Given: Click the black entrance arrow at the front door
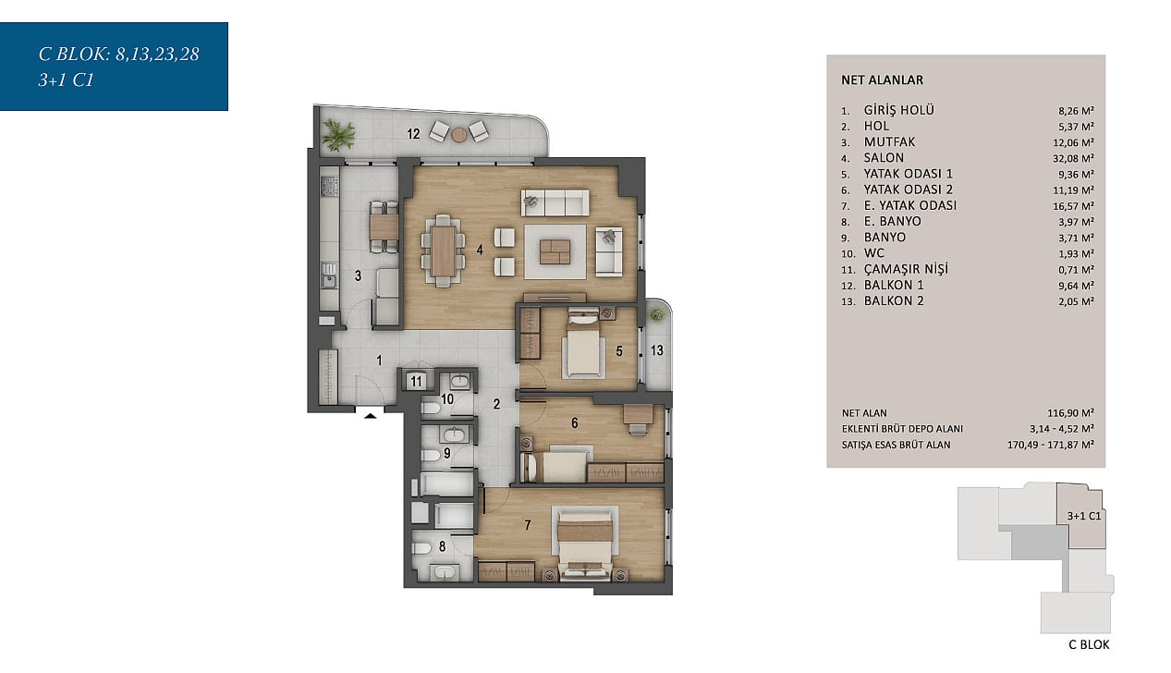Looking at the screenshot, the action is click(x=370, y=416).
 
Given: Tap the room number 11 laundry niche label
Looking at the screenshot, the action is click(x=416, y=381).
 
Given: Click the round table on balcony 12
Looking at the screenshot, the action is click(x=458, y=135).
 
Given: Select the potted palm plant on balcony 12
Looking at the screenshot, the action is click(x=338, y=134).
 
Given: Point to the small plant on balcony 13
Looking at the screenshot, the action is click(x=657, y=314).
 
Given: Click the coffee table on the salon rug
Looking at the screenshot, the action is click(x=555, y=251).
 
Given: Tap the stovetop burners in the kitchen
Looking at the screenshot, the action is click(x=329, y=186).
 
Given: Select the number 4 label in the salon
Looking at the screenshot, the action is click(x=480, y=250).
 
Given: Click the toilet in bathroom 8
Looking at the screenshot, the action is click(x=421, y=548).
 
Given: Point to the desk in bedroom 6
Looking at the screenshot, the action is click(x=638, y=414).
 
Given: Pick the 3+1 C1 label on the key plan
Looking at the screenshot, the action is click(x=1084, y=516).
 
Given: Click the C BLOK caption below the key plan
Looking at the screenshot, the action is click(x=1089, y=644).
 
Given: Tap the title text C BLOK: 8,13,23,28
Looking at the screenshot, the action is click(x=118, y=55).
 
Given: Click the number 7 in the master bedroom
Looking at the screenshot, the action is click(x=528, y=525).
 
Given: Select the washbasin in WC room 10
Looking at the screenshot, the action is click(x=459, y=382).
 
